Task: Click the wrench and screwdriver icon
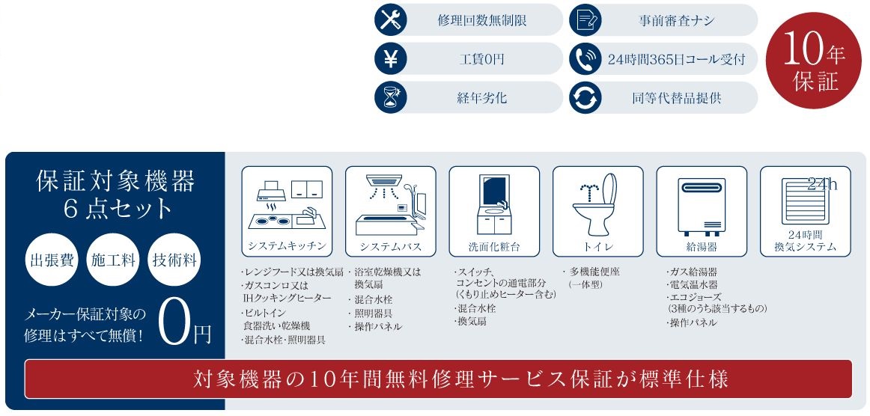(391, 20)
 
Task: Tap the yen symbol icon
(391, 59)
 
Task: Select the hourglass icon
(391, 97)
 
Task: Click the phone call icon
(585, 59)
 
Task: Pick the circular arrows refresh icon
(585, 97)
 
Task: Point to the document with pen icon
(585, 20)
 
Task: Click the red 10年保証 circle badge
(814, 61)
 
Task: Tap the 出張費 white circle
(52, 260)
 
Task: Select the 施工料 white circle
(113, 260)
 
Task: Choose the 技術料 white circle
(174, 260)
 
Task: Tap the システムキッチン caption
(286, 246)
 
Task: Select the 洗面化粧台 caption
(494, 247)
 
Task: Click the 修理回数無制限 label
(482, 20)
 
